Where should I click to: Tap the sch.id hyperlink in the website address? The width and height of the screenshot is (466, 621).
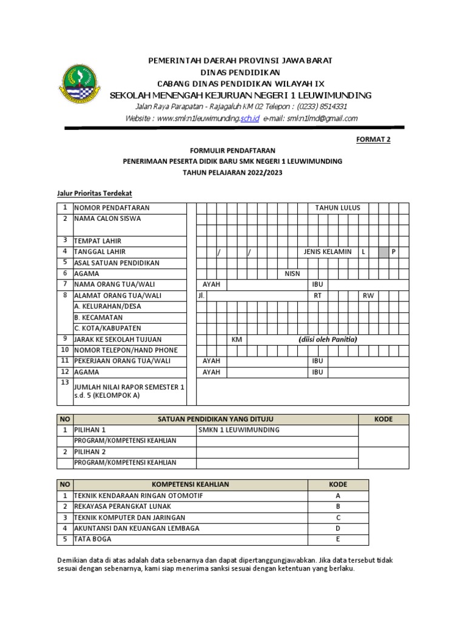click(x=249, y=118)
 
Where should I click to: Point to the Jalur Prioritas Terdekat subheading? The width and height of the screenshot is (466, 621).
click(x=90, y=193)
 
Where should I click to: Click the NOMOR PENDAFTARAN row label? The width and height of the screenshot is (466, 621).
click(x=112, y=207)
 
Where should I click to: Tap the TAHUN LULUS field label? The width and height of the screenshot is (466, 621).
click(x=337, y=207)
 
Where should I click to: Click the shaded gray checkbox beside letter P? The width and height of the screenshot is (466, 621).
click(x=383, y=252)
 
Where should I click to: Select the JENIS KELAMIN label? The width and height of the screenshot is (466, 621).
click(x=328, y=252)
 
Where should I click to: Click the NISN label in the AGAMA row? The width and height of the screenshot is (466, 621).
click(x=292, y=274)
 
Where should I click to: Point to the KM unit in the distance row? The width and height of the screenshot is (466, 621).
click(x=237, y=339)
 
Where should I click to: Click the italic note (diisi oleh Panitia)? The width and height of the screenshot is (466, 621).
click(x=328, y=339)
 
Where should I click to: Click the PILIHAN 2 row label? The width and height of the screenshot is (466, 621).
click(x=90, y=452)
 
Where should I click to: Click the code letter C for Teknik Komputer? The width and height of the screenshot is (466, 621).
click(x=338, y=517)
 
